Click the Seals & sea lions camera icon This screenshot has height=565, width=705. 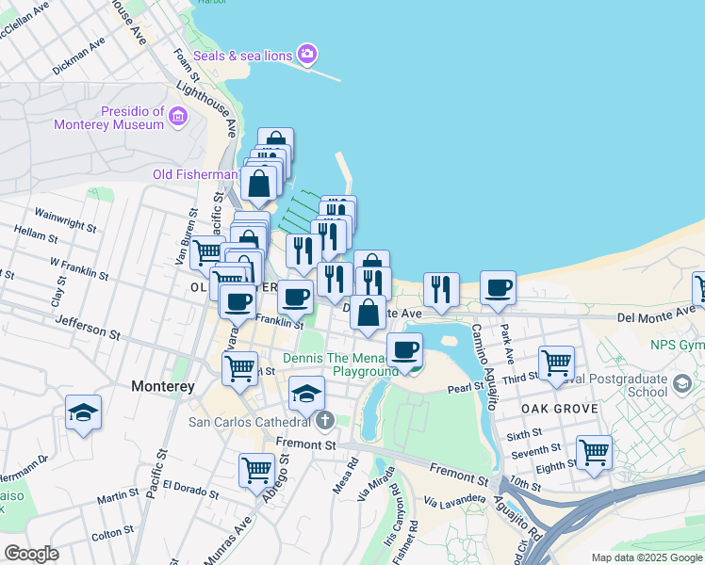306,55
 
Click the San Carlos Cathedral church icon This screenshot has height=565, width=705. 324,420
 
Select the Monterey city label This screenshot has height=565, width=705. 162,386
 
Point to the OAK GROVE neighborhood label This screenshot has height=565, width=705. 559,409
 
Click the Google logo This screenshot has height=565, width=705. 31,553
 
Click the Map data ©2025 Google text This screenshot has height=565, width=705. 647,557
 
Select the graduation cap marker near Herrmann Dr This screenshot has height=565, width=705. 83,412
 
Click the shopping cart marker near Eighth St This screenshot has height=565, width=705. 594,452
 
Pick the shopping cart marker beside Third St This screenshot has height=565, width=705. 557,362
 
